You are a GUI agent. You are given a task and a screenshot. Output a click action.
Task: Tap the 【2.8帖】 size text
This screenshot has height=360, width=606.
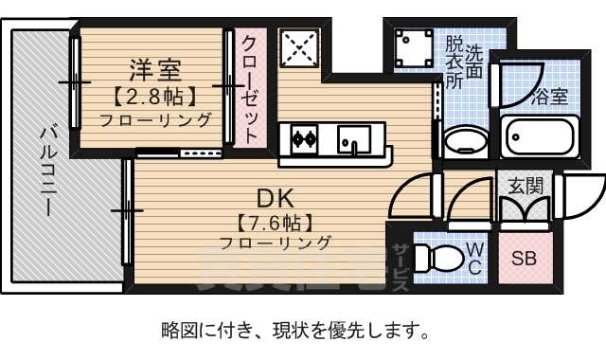tap(154, 96)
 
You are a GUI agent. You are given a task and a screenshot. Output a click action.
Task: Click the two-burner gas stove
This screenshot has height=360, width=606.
tap(305, 139)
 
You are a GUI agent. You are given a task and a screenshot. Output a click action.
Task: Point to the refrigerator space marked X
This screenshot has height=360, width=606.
tap(301, 46)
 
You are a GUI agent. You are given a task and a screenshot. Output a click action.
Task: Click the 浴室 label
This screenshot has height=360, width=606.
tap(549, 97)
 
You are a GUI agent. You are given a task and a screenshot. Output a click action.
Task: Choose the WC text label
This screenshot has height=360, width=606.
tap(475, 259)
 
